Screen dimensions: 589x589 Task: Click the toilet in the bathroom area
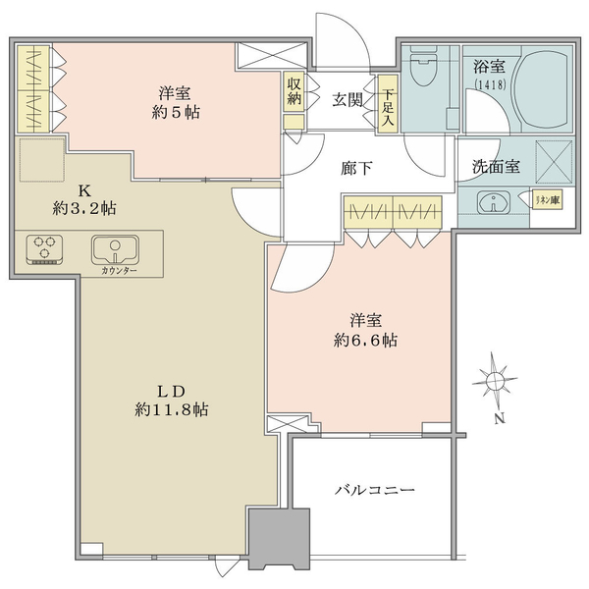(424, 66)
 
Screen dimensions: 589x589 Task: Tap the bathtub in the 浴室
(543, 89)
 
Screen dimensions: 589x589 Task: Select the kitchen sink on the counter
(115, 249)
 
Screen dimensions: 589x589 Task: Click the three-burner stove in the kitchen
(44, 248)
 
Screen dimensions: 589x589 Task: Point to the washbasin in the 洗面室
(493, 203)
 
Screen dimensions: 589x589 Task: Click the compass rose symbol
(495, 381)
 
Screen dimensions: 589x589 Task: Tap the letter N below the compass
(500, 418)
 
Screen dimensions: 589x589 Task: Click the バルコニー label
(375, 490)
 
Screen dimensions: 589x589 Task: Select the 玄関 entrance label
(348, 100)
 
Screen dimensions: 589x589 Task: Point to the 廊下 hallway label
(356, 168)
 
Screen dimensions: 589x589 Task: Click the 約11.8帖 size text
(172, 409)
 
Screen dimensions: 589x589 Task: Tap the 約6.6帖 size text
(365, 341)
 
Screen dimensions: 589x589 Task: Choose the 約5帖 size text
(176, 112)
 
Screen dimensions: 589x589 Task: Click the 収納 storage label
(294, 91)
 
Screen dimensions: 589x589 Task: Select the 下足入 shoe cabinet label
(388, 104)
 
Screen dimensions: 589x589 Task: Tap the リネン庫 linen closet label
(548, 200)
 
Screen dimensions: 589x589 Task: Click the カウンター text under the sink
(119, 271)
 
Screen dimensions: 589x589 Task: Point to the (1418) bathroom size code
(491, 84)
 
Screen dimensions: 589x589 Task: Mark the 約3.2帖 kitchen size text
(84, 208)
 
